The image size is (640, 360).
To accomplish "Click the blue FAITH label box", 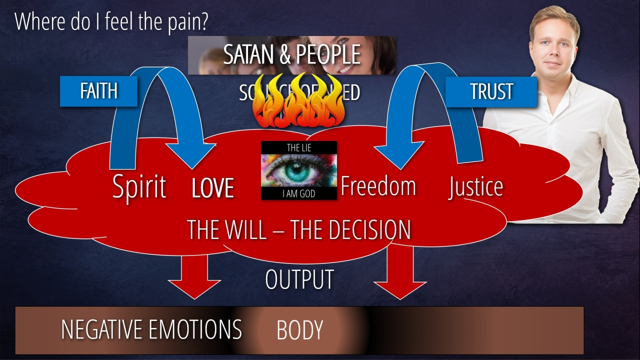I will [98, 91].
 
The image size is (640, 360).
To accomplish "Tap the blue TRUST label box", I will [491, 91].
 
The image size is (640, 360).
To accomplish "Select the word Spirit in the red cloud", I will [139, 187].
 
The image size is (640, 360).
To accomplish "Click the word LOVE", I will [213, 188].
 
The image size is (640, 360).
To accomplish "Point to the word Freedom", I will [378, 186].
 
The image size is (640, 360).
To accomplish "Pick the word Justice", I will [475, 186].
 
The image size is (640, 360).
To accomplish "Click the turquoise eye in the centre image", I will [298, 170].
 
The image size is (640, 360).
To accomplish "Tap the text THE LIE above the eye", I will [298, 147].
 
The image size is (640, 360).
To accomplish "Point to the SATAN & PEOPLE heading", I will [292, 54].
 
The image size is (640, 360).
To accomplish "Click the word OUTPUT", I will [299, 280].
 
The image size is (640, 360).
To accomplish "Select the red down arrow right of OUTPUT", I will [400, 275].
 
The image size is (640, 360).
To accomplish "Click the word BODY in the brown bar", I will [299, 330].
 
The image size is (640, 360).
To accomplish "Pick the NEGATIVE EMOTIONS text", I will [151, 329].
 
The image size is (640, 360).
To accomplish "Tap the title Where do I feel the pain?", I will [111, 21].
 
